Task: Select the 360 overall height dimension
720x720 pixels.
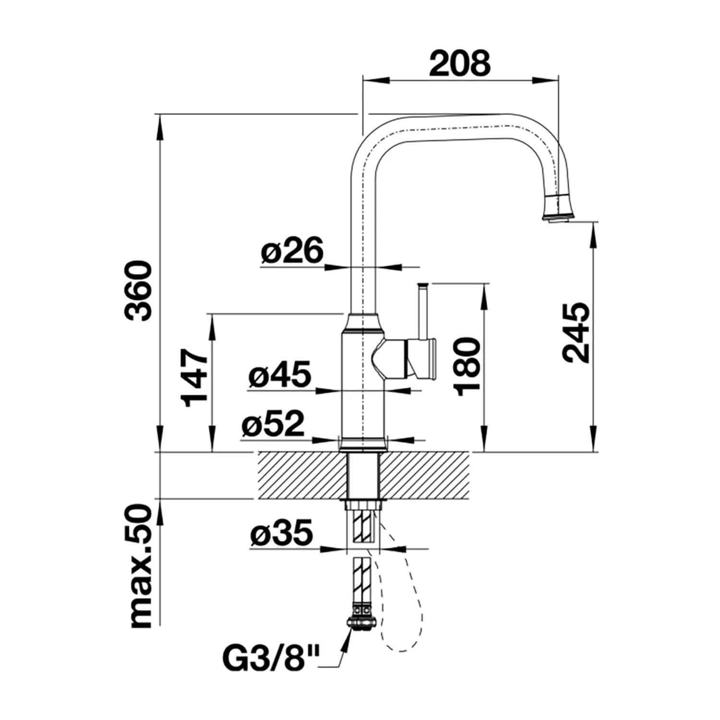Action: (x=137, y=290)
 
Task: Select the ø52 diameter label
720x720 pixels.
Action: (x=273, y=423)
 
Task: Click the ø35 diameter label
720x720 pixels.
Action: (x=281, y=533)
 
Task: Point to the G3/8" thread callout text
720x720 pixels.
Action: (x=271, y=660)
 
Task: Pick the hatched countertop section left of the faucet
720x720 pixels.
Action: (x=303, y=476)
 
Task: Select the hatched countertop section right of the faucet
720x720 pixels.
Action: (x=425, y=476)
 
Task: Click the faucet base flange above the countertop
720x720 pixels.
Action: (x=362, y=444)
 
